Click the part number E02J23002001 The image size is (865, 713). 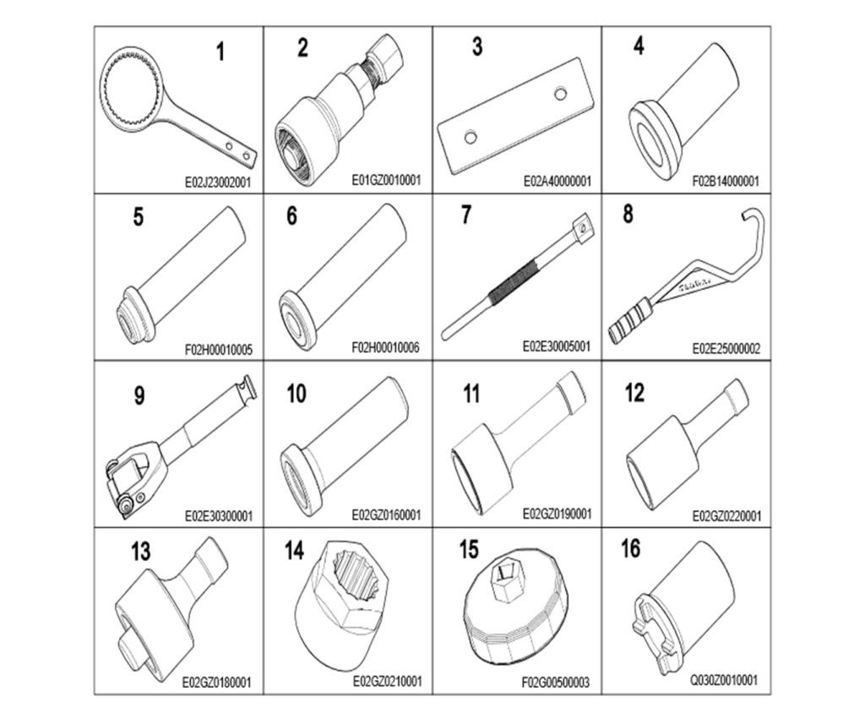(x=217, y=182)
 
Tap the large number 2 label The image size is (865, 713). (x=302, y=47)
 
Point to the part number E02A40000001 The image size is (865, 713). (x=558, y=181)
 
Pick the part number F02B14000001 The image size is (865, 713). (x=726, y=181)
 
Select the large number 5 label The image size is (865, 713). (x=138, y=216)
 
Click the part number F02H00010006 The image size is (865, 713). (x=385, y=347)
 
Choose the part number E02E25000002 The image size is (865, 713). (x=726, y=349)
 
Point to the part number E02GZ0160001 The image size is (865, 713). (x=386, y=514)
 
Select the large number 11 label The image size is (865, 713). (x=471, y=394)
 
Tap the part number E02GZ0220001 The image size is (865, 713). (x=726, y=516)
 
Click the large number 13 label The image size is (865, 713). (x=141, y=551)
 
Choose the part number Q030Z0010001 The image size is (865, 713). (x=724, y=680)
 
